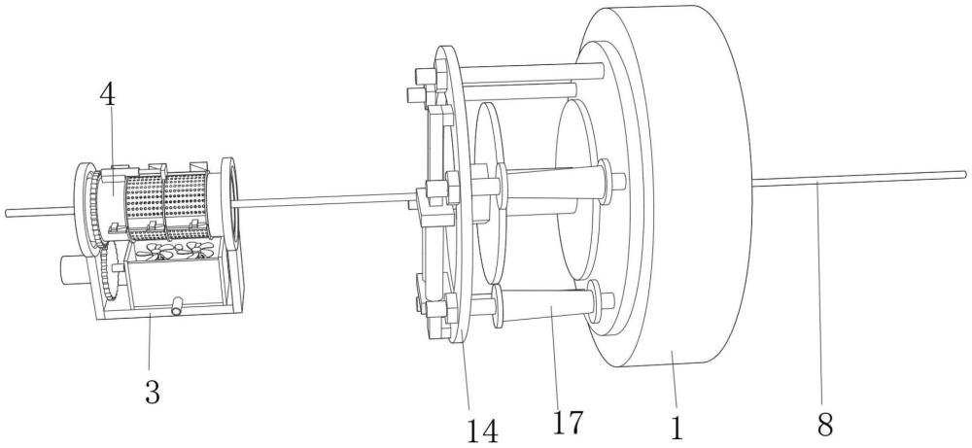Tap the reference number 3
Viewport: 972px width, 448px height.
point(153,392)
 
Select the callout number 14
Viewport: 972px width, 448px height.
point(482,431)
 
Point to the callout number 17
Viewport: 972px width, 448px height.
point(568,422)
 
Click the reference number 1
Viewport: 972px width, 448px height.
point(677,428)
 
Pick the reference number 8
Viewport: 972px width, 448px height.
point(825,425)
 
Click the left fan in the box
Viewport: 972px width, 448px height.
point(155,251)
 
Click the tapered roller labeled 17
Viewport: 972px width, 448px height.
point(545,303)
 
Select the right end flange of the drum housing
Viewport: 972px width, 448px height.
point(228,204)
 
